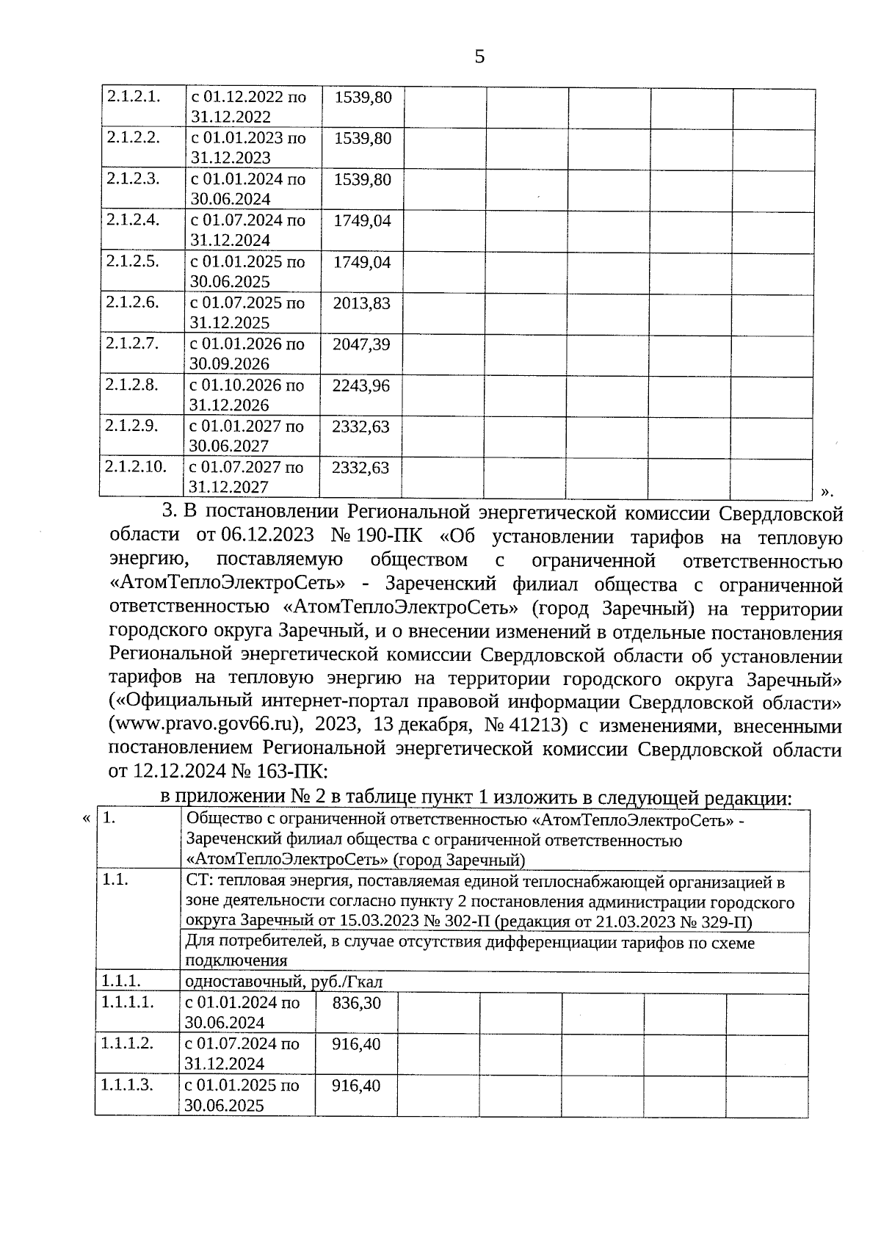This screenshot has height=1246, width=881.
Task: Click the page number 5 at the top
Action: (x=479, y=57)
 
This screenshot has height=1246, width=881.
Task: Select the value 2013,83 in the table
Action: (x=361, y=303)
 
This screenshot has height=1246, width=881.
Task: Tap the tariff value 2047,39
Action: (x=361, y=344)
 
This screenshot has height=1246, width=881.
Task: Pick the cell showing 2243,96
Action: (x=360, y=385)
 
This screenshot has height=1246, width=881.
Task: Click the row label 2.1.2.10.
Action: (x=136, y=466)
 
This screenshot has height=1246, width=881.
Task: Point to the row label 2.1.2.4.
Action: (x=133, y=220)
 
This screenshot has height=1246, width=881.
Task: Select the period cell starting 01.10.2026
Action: (x=247, y=395)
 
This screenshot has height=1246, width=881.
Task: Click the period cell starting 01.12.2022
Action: (x=249, y=106)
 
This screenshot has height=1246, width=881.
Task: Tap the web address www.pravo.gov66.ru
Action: (x=205, y=724)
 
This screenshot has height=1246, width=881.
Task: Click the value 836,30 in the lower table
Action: (x=357, y=1002)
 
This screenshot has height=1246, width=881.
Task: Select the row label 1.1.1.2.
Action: (x=127, y=1043)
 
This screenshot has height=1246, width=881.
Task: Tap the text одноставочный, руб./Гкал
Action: (x=284, y=982)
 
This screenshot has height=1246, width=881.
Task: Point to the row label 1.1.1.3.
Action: (x=127, y=1084)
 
